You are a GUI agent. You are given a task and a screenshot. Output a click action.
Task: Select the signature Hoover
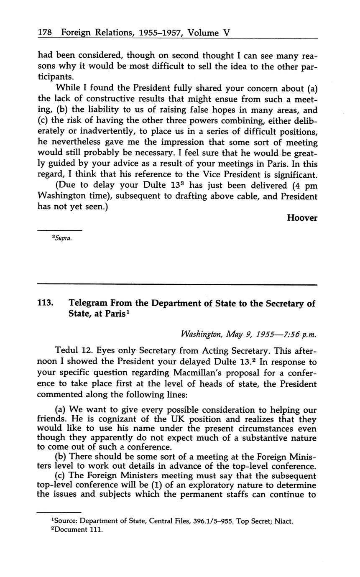point(302,217)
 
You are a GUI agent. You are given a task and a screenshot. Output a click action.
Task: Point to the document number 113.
point(45,304)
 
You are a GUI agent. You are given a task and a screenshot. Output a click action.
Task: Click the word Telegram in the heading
point(89,304)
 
